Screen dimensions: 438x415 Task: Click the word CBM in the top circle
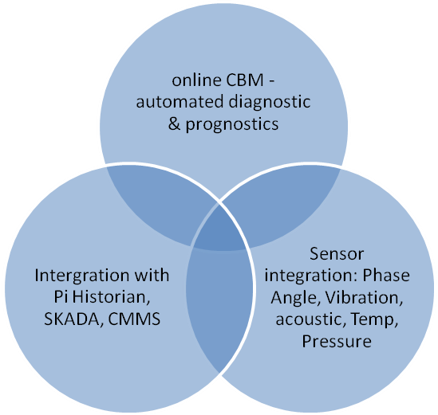tap(245, 80)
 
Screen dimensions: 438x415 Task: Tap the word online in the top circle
tap(196, 80)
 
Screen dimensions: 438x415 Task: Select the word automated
tap(180, 101)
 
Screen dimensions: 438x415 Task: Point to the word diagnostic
tap(270, 102)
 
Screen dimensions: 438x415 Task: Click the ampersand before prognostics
tap(174, 124)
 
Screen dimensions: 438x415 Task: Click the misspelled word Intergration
tap(82, 276)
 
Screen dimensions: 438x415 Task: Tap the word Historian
tap(111, 297)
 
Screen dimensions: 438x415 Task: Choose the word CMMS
tap(134, 319)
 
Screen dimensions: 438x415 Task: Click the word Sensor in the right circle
tap(337, 254)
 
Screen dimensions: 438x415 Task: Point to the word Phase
tap(386, 276)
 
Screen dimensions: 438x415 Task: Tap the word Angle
tap(295, 299)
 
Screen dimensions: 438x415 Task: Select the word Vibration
tap(364, 298)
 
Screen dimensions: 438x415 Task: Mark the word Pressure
tap(337, 341)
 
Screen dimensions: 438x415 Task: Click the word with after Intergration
tap(152, 276)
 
